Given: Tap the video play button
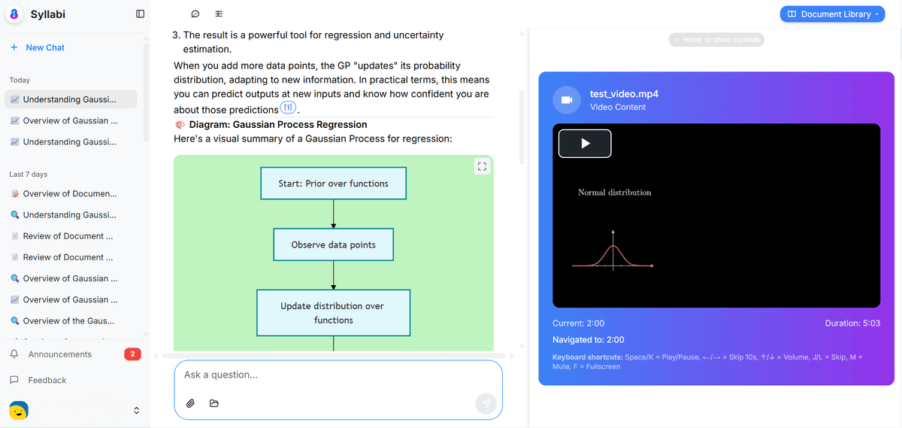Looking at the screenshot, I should tap(585, 144).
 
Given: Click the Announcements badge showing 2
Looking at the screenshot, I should tap(132, 354).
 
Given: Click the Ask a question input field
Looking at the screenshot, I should tap(338, 375).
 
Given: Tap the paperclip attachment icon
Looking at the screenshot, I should tap(191, 404).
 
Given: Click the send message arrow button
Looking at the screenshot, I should tap(486, 404).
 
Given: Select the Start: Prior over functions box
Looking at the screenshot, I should tap(333, 184).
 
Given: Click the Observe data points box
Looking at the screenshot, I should tap(333, 244).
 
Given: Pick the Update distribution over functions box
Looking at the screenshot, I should tap(333, 313).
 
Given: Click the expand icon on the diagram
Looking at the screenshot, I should tap(483, 167).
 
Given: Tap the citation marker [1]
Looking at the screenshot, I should tap(288, 108).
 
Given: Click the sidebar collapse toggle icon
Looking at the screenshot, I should tap(140, 14).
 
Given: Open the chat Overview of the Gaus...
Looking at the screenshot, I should tap(68, 320).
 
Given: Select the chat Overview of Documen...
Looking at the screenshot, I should tap(69, 193).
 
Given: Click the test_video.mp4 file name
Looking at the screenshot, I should tap(624, 94).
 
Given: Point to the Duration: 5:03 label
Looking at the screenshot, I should tap(852, 323).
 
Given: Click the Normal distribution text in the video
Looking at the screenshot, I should tap(614, 193).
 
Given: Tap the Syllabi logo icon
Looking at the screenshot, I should tap(15, 14).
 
